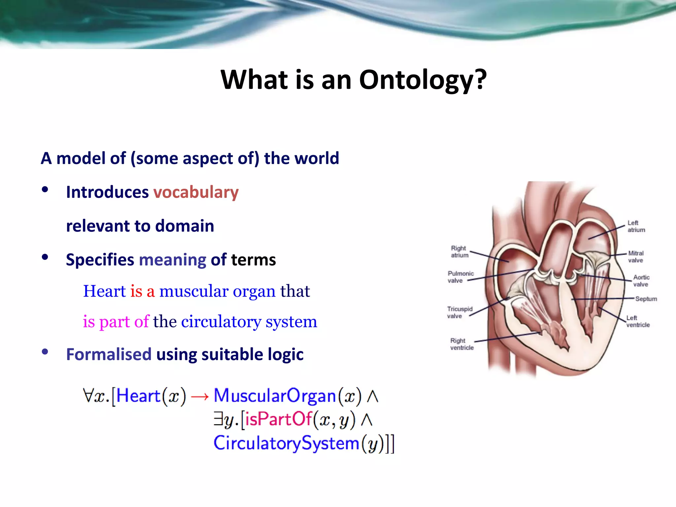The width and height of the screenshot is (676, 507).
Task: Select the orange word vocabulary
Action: pyautogui.click(x=196, y=192)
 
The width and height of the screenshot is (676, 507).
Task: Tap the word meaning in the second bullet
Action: pyautogui.click(x=173, y=260)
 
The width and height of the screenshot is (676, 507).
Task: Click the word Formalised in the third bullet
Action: pyautogui.click(x=109, y=355)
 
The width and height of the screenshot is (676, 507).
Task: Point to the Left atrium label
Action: pyautogui.click(x=636, y=226)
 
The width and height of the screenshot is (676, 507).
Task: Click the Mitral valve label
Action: pyautogui.click(x=636, y=257)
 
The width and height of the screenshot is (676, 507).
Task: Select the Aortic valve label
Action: pyautogui.click(x=641, y=281)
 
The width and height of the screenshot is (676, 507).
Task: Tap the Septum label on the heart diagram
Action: pyautogui.click(x=646, y=299)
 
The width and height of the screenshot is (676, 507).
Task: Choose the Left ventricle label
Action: pyautogui.click(x=638, y=321)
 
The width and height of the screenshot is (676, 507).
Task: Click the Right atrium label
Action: pyautogui.click(x=459, y=252)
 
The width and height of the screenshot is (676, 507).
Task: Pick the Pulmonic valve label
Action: pyautogui.click(x=460, y=277)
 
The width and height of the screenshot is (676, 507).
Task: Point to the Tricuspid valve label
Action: pyautogui.click(x=459, y=312)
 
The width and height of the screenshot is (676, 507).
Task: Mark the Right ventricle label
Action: pyautogui.click(x=461, y=344)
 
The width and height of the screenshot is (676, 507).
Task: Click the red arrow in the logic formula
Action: pyautogui.click(x=200, y=396)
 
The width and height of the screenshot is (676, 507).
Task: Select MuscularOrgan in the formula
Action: pyautogui.click(x=275, y=396)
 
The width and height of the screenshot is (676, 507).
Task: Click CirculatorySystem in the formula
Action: pyautogui.click(x=286, y=443)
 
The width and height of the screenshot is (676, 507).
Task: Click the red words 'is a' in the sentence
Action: pyautogui.click(x=142, y=291)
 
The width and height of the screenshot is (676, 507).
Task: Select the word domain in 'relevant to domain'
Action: pyautogui.click(x=185, y=226)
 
